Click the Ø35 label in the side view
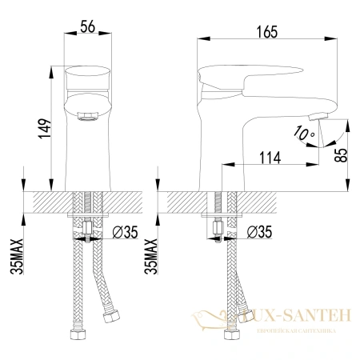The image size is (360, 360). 259,233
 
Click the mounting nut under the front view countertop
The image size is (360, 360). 86,228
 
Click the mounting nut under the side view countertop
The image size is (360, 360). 217,228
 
